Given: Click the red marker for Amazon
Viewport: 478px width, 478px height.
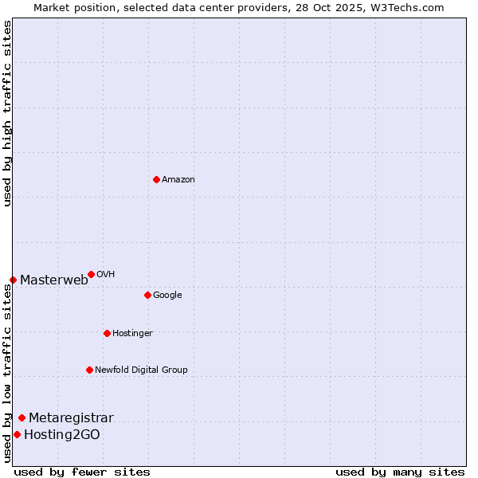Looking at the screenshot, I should pos(156,179).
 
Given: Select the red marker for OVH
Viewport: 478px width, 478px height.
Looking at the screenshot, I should pos(91,274).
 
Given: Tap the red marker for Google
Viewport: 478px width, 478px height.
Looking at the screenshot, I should pos(147,295).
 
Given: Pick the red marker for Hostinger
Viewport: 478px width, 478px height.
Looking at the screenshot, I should pos(107,333).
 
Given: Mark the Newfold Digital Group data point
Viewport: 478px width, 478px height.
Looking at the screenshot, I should pos(89,370).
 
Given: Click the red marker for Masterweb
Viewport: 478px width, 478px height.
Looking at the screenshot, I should pos(13,280).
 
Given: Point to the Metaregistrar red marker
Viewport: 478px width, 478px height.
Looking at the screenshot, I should pos(22,417).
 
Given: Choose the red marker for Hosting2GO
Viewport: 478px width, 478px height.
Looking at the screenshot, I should pos(17,434).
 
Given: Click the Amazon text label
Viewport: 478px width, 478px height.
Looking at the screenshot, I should pos(178,180).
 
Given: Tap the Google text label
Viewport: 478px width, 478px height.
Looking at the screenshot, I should pos(167,296).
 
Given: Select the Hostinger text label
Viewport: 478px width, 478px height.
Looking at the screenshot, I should pos(132,334).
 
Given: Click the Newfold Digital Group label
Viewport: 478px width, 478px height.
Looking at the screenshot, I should pos(141,370).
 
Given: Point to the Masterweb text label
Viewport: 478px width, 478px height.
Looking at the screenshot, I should pos(54,280).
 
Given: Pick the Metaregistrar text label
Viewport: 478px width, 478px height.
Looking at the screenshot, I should pos(71,418).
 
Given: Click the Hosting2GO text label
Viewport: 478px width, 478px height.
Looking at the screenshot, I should pos(62,435).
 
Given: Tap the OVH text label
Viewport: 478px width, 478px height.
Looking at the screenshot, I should pos(106,275).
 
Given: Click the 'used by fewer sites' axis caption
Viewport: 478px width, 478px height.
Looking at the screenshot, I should pos(82,472).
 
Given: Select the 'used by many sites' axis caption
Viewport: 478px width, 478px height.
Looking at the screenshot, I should pos(400,472).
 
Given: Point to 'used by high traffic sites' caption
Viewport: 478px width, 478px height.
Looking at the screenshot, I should pos(7,113).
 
